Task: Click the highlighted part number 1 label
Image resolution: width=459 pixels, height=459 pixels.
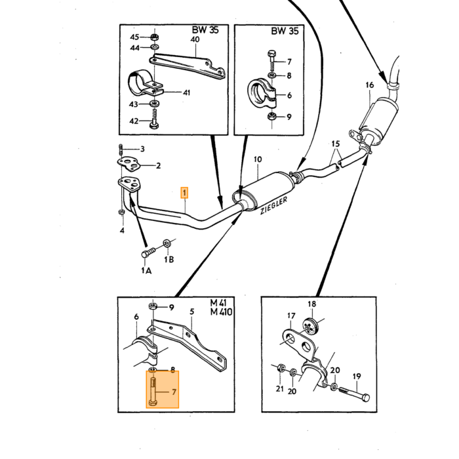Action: (184, 193)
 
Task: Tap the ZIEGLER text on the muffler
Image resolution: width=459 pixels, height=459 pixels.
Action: (273, 205)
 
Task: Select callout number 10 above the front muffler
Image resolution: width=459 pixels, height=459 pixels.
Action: (258, 159)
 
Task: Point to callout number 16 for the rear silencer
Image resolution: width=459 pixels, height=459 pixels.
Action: (370, 85)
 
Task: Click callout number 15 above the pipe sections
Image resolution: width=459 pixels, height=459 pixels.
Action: (336, 144)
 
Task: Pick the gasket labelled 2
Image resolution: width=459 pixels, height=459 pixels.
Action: (128, 164)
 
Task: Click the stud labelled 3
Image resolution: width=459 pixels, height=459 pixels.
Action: (120, 150)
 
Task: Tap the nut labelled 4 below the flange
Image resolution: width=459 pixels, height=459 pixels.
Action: (120, 212)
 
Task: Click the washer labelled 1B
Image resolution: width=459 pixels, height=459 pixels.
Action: (167, 243)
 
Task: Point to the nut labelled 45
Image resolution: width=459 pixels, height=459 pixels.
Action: (155, 37)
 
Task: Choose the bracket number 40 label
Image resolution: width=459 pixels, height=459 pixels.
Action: (195, 39)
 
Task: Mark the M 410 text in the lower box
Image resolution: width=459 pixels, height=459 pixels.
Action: (222, 312)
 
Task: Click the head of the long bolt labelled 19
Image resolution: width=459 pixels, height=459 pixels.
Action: (365, 398)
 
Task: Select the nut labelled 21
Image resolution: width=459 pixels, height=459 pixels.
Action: (281, 367)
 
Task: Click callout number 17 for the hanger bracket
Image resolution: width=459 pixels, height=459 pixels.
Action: (291, 316)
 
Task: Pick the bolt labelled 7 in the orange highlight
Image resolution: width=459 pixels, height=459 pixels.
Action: (153, 391)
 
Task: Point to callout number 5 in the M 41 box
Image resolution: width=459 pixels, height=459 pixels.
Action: (191, 311)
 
